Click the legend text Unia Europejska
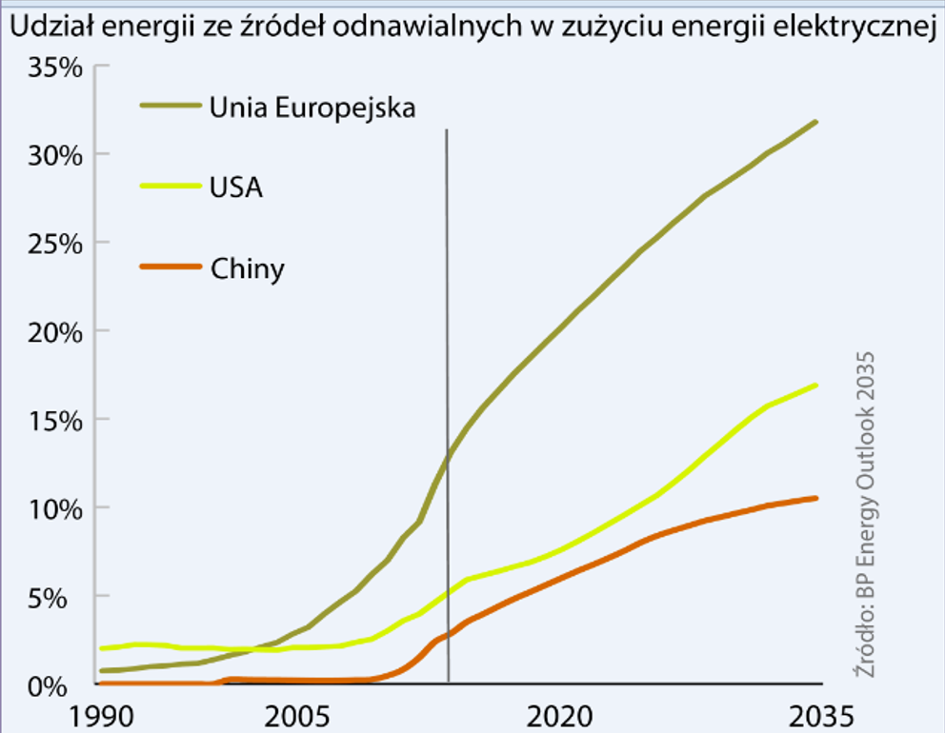click(x=312, y=107)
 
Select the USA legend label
click(x=235, y=188)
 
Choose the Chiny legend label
click(x=247, y=269)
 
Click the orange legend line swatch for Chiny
click(x=171, y=267)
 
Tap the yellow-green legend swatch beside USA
click(x=171, y=186)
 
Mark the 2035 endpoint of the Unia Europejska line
click(x=815, y=122)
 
